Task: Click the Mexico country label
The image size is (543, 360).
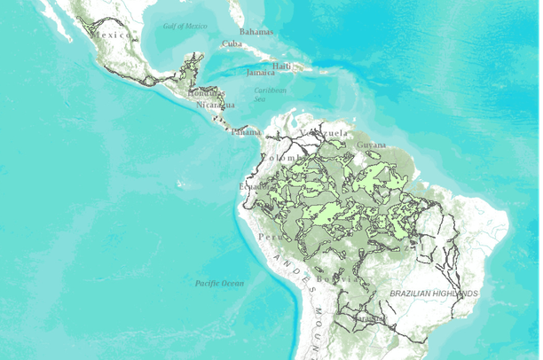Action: point(114,35)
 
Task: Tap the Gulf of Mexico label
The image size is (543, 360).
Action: point(185,26)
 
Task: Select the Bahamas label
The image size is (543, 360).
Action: point(256,31)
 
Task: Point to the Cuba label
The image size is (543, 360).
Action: point(232,43)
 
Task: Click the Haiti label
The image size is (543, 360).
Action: point(282,66)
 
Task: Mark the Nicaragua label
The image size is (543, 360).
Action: point(216,105)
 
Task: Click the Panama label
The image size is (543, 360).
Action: point(247,132)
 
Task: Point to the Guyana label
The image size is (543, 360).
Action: point(372,145)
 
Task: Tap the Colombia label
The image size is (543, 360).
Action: point(282,157)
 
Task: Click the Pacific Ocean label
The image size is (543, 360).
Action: point(219,283)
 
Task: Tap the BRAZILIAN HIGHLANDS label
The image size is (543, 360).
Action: point(434,293)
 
